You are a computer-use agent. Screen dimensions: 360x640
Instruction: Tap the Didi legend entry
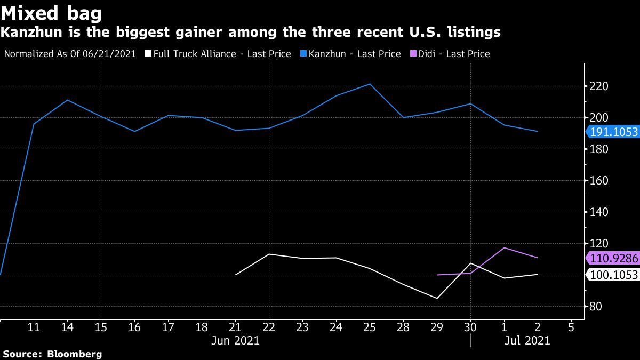pos(449,54)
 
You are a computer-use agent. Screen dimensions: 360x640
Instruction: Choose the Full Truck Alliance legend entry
pos(222,54)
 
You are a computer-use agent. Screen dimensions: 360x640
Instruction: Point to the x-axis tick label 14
pos(67,327)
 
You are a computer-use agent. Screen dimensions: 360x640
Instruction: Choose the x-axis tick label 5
pos(571,327)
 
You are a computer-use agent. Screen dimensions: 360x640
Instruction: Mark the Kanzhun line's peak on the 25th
pos(369,84)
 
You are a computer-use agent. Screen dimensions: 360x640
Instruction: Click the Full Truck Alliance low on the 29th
pos(437,298)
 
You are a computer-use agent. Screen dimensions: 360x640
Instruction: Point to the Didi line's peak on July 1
pos(504,247)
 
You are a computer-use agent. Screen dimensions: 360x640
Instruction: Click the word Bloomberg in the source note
pos(75,354)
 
